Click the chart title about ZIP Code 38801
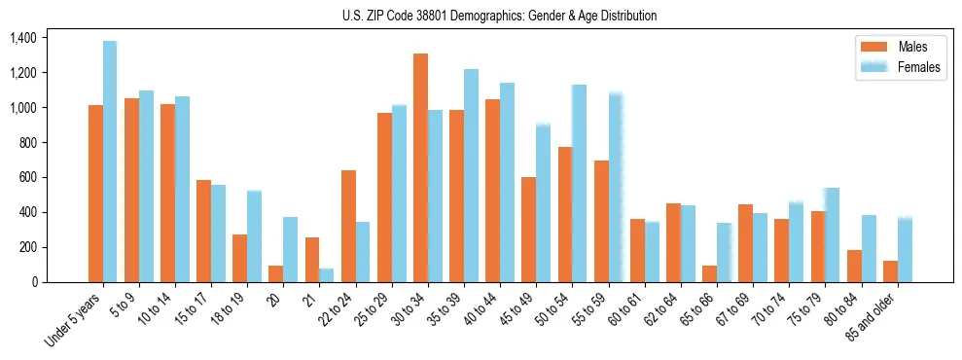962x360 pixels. [499, 16]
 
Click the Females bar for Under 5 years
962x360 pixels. [110, 162]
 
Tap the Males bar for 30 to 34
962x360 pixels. [420, 167]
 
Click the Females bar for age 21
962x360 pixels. [327, 275]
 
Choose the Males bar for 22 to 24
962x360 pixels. [348, 226]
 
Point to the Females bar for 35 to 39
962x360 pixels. [471, 175]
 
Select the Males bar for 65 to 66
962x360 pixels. [709, 273]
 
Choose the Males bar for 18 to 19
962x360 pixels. [239, 258]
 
